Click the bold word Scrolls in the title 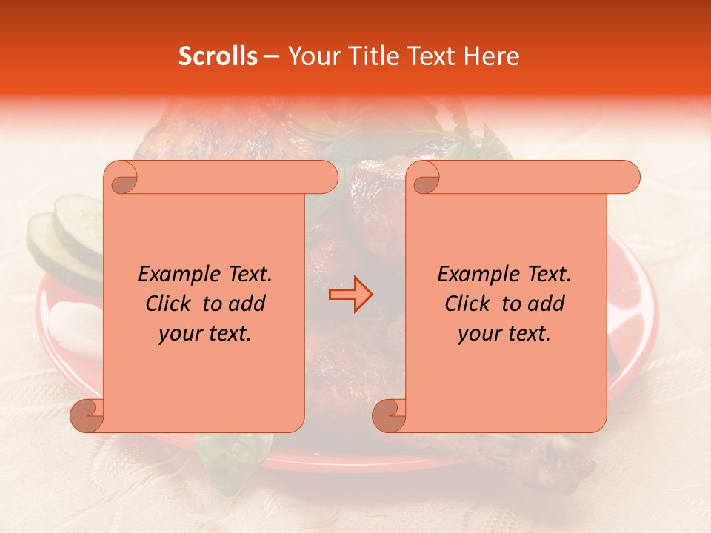[218, 56]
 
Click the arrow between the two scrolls [350, 295]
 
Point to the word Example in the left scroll [174, 275]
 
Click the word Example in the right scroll [473, 275]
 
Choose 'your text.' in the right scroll [504, 334]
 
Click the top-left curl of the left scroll [121, 178]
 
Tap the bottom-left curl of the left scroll [87, 416]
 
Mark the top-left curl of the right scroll [424, 178]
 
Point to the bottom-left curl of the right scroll [389, 416]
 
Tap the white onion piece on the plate [74, 326]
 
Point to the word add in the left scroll [248, 304]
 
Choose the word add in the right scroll [547, 304]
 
